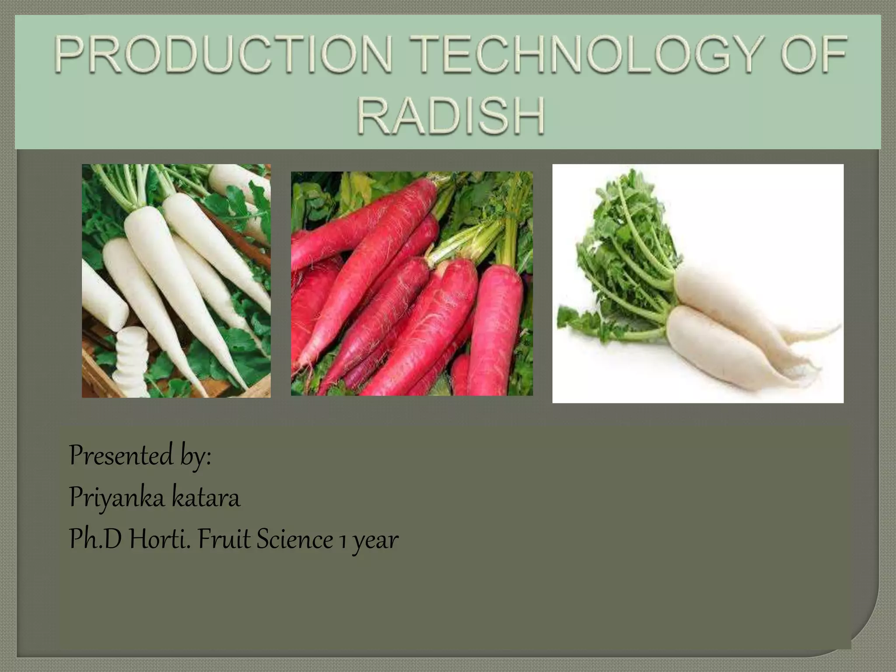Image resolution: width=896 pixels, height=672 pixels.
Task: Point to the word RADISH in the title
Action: [x=451, y=116]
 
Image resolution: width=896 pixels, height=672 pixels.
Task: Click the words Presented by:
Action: [x=140, y=456]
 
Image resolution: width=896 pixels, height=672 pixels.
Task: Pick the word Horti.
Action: [x=160, y=539]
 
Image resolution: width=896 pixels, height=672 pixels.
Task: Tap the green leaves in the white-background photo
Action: [x=621, y=245]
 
